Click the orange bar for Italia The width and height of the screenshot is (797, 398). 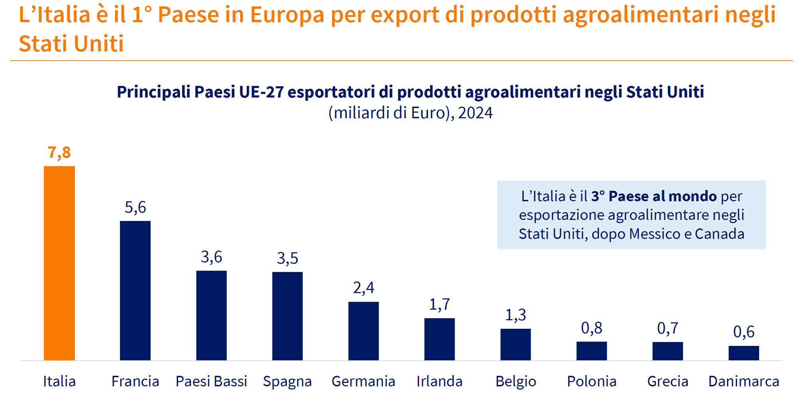coord(59,263)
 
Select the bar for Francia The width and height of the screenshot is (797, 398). coord(135,291)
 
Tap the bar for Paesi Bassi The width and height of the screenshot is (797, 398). coord(211,315)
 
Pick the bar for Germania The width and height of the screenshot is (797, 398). coord(363,331)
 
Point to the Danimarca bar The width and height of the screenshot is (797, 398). coord(744,353)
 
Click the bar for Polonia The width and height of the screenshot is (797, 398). coord(591,351)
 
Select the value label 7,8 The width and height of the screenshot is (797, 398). coord(59,152)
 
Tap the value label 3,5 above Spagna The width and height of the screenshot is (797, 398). coord(287,259)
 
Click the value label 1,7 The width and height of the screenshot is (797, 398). coord(440,305)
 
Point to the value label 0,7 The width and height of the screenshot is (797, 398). coord(667,329)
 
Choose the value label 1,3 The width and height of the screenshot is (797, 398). coord(516,315)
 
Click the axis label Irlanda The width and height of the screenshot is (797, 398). coord(440,381)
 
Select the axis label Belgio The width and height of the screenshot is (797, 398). coord(516,381)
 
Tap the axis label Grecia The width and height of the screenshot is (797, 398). coord(667,381)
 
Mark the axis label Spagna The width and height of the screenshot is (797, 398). coord(287,381)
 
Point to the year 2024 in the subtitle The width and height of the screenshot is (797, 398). coord(475,113)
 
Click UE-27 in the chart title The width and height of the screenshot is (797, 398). coord(261,92)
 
